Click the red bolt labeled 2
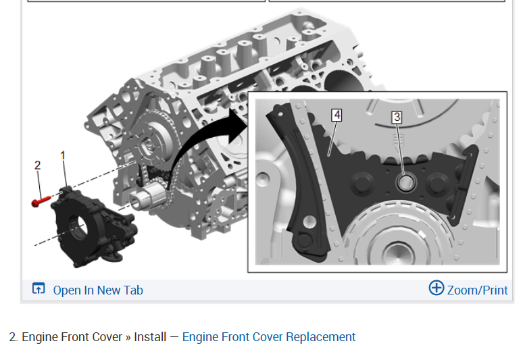pyautogui.click(x=41, y=201)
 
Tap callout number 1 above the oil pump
pyautogui.click(x=63, y=155)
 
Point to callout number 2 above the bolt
pyautogui.click(x=38, y=165)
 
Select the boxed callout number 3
pyautogui.click(x=397, y=117)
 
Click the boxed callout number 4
pyautogui.click(x=337, y=115)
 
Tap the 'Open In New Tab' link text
pyautogui.click(x=98, y=290)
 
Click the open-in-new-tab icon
pyautogui.click(x=39, y=288)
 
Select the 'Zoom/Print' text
pyautogui.click(x=477, y=290)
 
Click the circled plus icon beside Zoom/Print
pyautogui.click(x=437, y=288)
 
